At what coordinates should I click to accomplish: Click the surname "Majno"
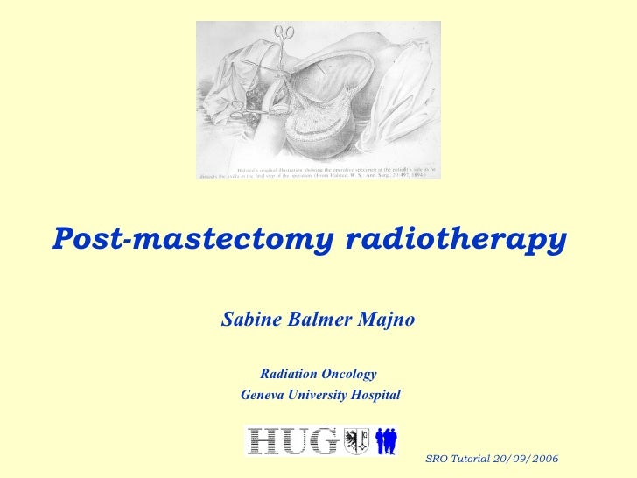[x=388, y=320]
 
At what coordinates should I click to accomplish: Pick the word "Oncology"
[x=350, y=375]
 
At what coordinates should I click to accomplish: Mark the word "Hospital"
[x=374, y=396]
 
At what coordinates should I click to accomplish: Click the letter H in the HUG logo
[x=264, y=440]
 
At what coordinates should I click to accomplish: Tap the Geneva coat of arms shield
[x=355, y=439]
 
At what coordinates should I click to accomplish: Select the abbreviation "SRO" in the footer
[x=435, y=460]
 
